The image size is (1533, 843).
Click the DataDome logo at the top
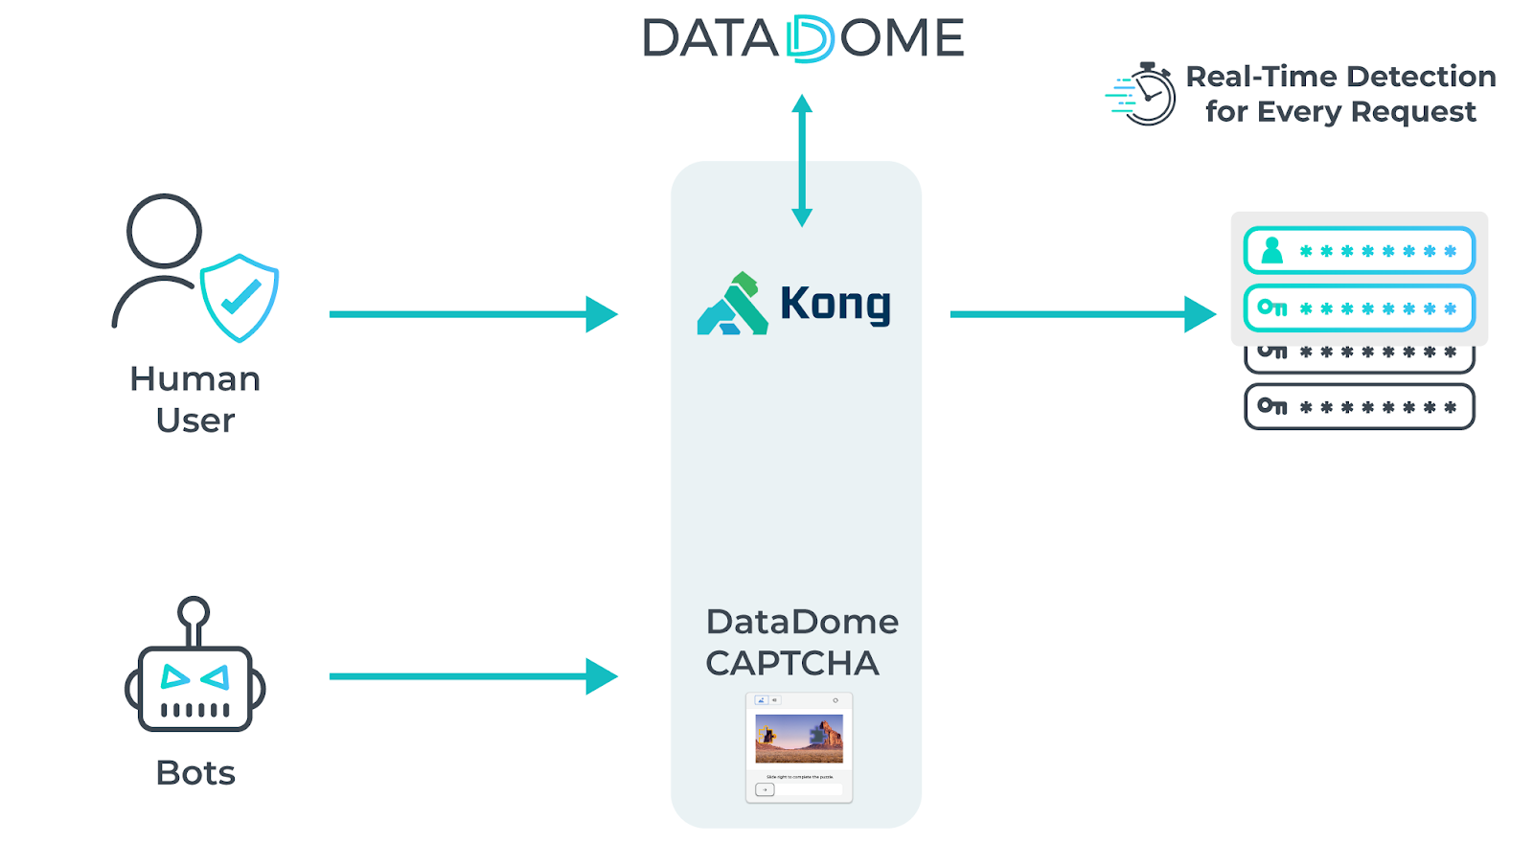pyautogui.click(x=803, y=39)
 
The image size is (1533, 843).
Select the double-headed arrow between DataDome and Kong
pyautogui.click(x=802, y=160)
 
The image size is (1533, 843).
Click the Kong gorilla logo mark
pyautogui.click(x=733, y=305)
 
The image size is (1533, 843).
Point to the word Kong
pyautogui.click(x=835, y=304)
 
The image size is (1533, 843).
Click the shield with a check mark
pyautogui.click(x=240, y=297)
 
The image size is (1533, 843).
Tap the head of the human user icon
pyautogui.click(x=164, y=231)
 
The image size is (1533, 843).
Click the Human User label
pyautogui.click(x=194, y=399)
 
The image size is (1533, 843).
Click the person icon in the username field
pyautogui.click(x=1272, y=250)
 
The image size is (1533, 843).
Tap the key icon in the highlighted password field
pyautogui.click(x=1272, y=308)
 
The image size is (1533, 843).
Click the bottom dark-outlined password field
pyautogui.click(x=1359, y=406)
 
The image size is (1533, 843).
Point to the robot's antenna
pyautogui.click(x=194, y=618)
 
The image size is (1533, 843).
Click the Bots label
pyautogui.click(x=195, y=772)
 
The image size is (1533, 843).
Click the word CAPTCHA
pyautogui.click(x=791, y=663)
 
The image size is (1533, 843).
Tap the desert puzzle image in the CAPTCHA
pyautogui.click(x=799, y=738)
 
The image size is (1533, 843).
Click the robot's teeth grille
pyautogui.click(x=195, y=710)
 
